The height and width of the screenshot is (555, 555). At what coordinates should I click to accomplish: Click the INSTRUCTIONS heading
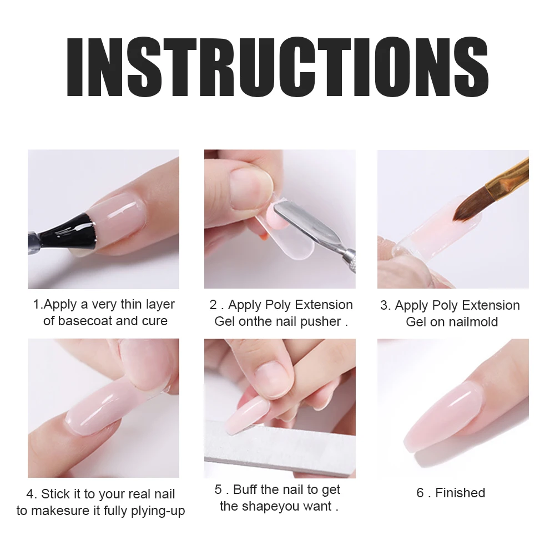(x=278, y=67)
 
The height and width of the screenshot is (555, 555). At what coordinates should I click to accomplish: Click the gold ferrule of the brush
(x=508, y=176)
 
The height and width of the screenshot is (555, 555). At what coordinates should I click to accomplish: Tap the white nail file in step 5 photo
(x=280, y=447)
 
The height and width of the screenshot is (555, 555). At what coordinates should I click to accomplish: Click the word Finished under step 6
(x=460, y=493)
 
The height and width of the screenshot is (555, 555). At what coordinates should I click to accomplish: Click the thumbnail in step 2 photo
(x=250, y=188)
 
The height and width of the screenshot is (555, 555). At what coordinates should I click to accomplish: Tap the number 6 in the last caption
(x=420, y=493)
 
